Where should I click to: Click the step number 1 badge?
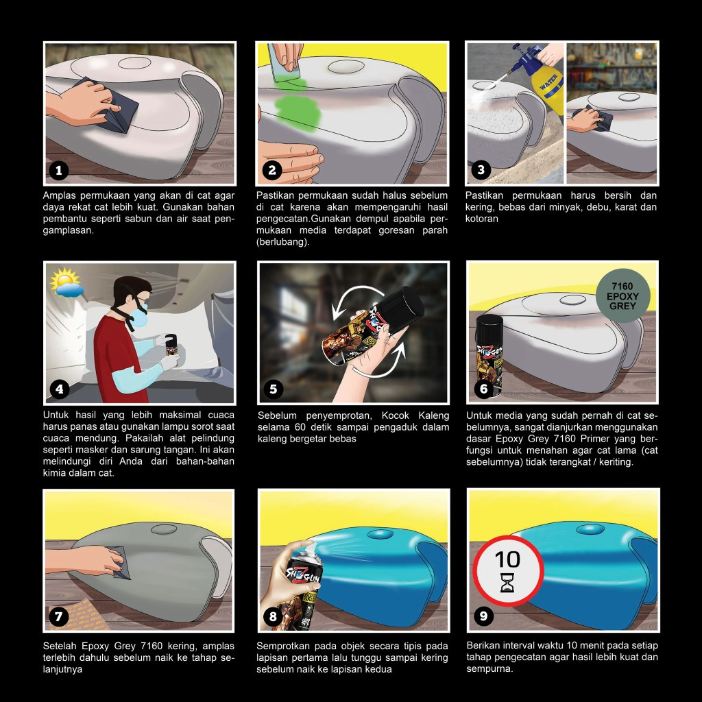point(59,170)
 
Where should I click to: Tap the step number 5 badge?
point(273,389)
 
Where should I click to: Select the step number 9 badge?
point(483,616)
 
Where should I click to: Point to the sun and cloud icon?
point(66,283)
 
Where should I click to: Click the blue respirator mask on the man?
point(140,315)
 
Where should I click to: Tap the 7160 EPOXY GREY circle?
point(622,296)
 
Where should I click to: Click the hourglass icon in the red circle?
point(507,582)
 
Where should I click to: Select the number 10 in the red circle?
point(507,559)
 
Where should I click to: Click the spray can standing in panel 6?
point(489,356)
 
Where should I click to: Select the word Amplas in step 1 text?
point(60,195)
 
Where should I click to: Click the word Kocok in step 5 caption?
point(395,415)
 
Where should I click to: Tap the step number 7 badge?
point(59,616)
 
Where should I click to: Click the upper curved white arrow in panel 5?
point(354,293)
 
